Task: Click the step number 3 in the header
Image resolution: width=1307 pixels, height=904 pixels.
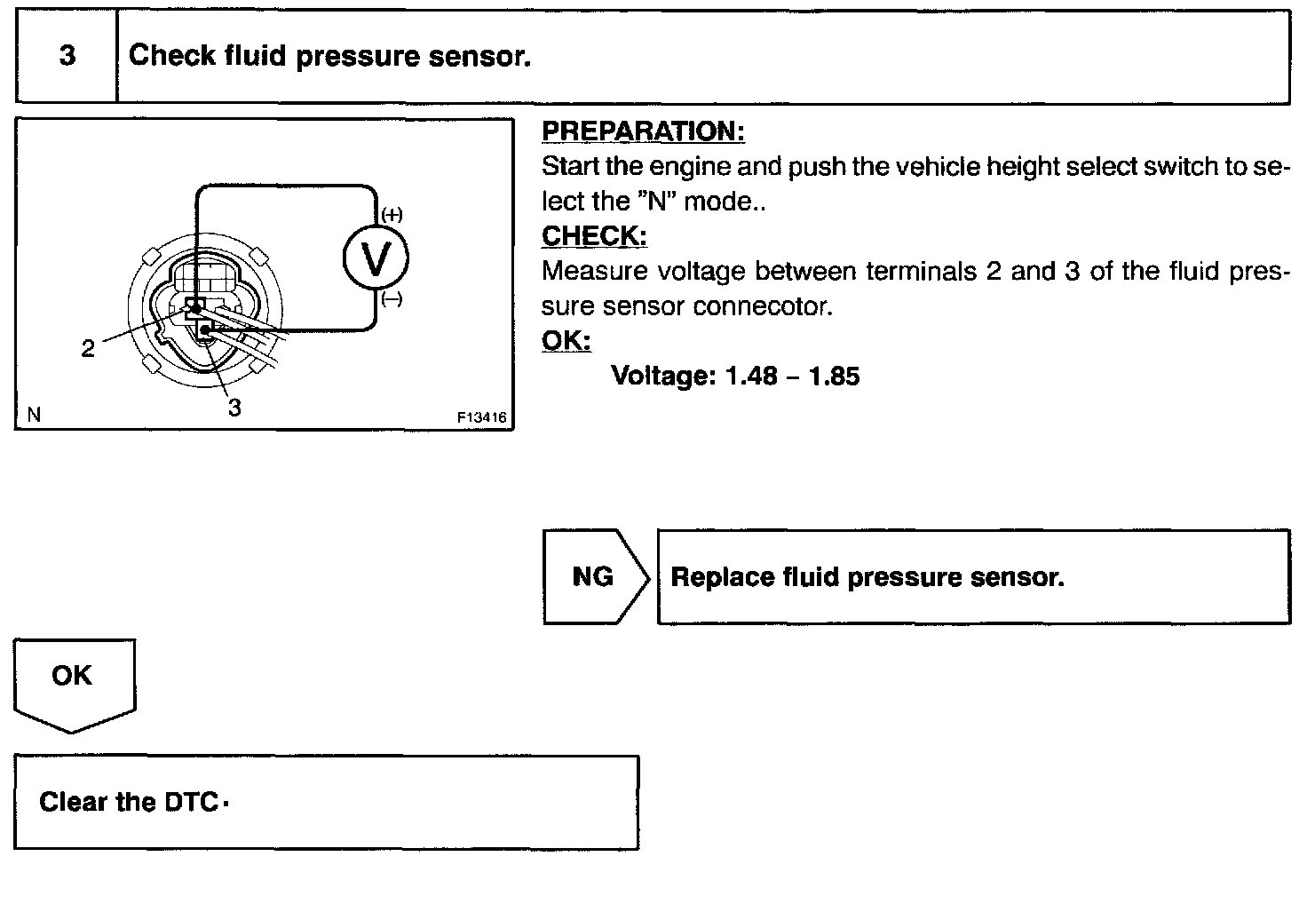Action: [x=67, y=56]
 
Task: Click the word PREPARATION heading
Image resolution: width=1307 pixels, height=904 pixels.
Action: [x=642, y=131]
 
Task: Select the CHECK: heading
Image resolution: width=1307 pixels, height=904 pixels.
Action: [x=594, y=236]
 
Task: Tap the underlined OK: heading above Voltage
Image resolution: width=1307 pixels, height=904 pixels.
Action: [x=566, y=341]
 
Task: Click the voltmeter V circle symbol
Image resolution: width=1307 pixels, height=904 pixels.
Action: [x=376, y=259]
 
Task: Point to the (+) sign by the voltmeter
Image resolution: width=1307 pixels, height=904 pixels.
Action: [x=392, y=214]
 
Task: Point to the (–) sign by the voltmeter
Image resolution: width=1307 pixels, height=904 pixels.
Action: [x=392, y=300]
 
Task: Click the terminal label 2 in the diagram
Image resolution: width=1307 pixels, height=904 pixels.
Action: [x=87, y=349]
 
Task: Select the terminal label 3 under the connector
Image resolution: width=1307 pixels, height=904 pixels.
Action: [x=234, y=408]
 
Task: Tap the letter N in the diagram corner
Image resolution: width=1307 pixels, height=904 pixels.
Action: [x=34, y=415]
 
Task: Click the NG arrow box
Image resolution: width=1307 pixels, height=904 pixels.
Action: [x=593, y=577]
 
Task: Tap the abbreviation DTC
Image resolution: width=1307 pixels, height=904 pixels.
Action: [x=191, y=803]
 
